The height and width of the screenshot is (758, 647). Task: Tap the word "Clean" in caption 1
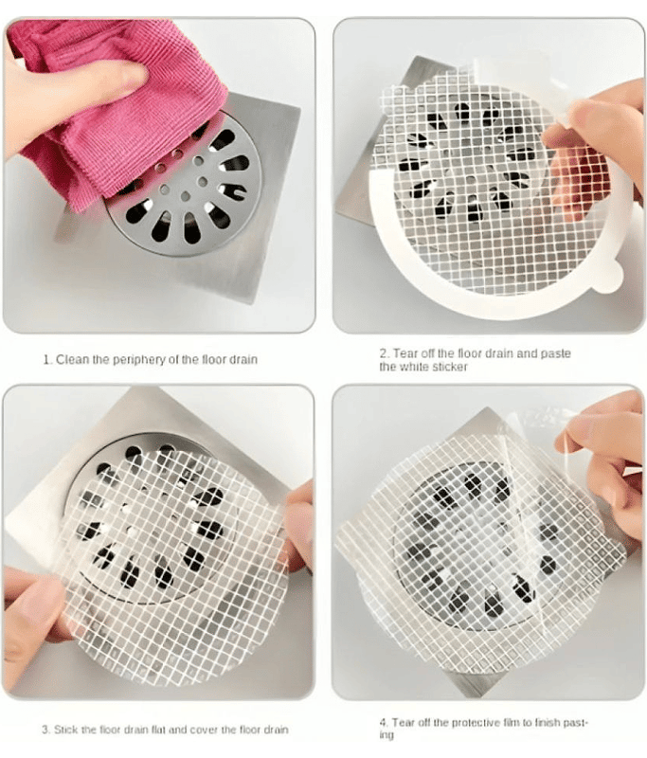tap(70, 360)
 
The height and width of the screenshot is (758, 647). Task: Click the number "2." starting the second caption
tap(385, 353)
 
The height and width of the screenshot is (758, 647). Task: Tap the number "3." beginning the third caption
tap(45, 730)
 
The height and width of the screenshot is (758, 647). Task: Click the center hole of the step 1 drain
tap(186, 196)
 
